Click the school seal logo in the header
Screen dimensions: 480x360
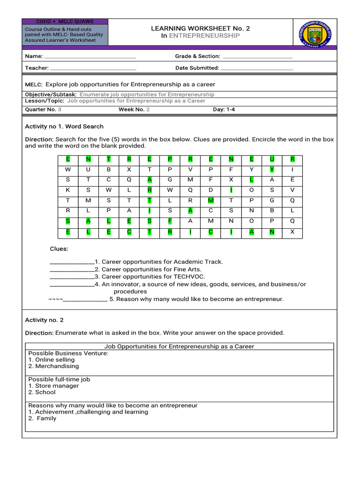coord(312,33)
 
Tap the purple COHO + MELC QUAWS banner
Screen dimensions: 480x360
coord(65,22)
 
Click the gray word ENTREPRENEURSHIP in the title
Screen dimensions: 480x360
coord(204,36)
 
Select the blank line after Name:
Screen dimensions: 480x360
coord(90,57)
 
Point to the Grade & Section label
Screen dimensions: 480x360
coord(197,56)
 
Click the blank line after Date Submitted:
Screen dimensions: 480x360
coord(256,68)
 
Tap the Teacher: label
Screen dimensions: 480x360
coord(37,68)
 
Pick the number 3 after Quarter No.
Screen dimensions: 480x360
coord(60,109)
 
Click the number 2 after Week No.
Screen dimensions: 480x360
coord(148,109)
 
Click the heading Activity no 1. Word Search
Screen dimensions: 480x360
coord(64,127)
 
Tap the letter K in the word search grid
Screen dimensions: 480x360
coord(68,190)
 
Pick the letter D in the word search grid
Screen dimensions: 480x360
coord(210,190)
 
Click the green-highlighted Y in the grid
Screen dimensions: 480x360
coord(272,169)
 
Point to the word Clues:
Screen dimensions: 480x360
coord(59,249)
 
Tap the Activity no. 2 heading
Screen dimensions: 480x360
coord(44,320)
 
